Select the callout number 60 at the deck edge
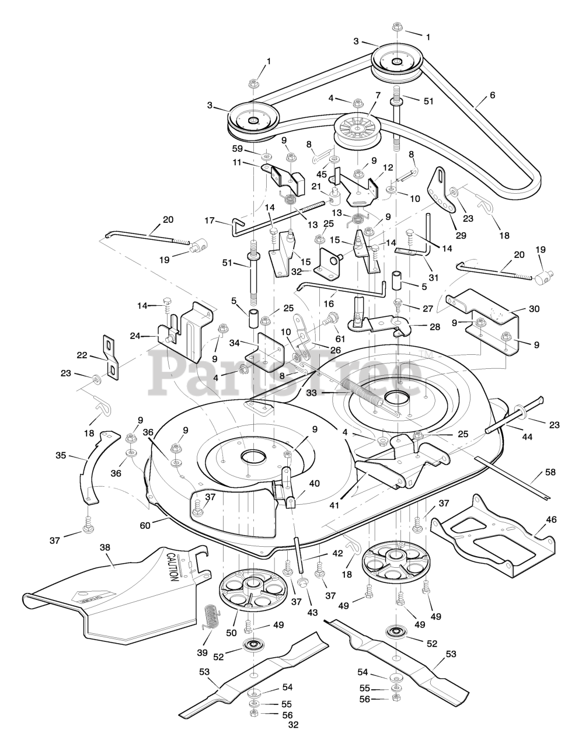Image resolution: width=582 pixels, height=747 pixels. pos(145,525)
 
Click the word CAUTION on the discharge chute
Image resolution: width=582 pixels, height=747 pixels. pos(173,566)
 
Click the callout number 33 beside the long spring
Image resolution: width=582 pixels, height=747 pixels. pos(311,393)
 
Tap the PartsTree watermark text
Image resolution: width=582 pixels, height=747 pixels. pos(286,373)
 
